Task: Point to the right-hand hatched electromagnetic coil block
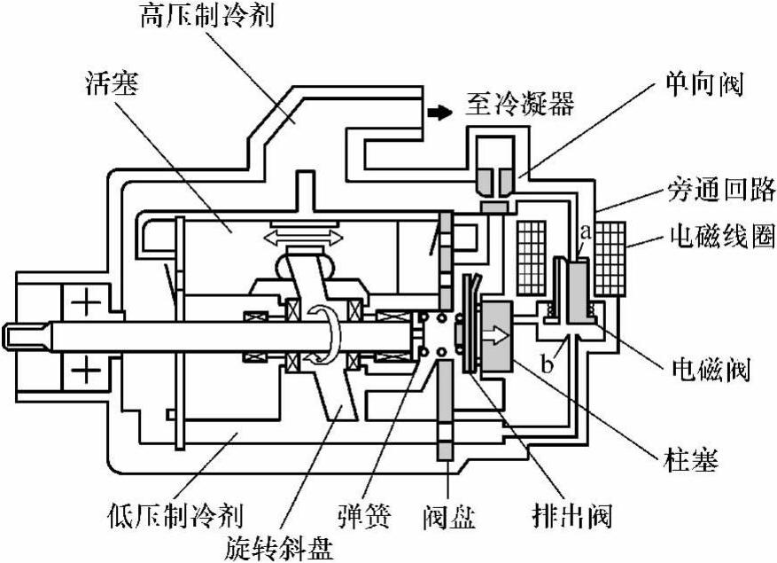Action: (x=611, y=258)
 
